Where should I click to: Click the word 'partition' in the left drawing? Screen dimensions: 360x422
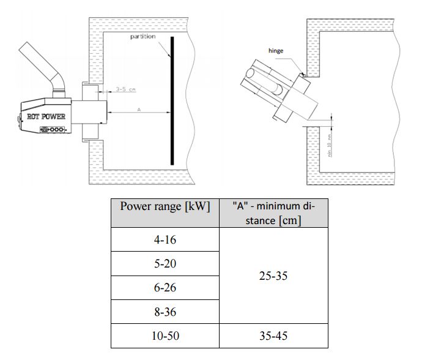click(x=143, y=37)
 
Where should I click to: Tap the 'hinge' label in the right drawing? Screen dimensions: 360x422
click(x=276, y=51)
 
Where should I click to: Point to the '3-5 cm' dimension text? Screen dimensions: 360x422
click(x=126, y=89)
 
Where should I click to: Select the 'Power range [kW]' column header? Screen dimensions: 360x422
click(x=165, y=206)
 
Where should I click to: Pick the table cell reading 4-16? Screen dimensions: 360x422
click(x=165, y=239)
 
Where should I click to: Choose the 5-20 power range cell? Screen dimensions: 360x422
click(x=165, y=263)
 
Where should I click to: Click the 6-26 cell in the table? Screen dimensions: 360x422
click(x=165, y=288)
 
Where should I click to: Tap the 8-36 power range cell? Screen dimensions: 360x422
click(x=165, y=312)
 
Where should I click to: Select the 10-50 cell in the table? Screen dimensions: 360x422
click(x=165, y=336)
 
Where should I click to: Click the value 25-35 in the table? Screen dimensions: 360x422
click(x=273, y=276)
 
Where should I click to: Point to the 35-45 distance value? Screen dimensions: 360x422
click(x=273, y=336)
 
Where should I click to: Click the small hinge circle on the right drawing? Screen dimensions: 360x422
click(x=303, y=75)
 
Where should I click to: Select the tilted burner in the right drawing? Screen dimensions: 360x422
click(x=278, y=95)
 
